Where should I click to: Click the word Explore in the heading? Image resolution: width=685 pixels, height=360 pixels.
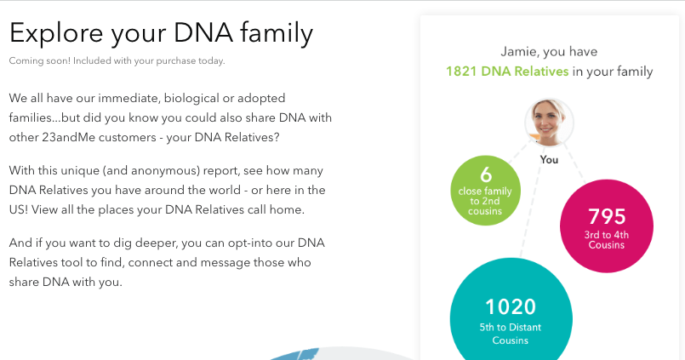pyautogui.click(x=54, y=33)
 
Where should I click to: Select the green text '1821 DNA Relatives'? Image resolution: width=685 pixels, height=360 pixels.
pyautogui.click(x=507, y=71)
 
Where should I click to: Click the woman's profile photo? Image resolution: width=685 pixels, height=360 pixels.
pyautogui.click(x=549, y=123)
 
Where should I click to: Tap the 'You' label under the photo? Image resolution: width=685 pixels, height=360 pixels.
pyautogui.click(x=549, y=159)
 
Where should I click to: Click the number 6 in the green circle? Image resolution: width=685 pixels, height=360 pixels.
pyautogui.click(x=486, y=174)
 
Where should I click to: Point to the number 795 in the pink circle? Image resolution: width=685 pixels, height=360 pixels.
pyautogui.click(x=606, y=217)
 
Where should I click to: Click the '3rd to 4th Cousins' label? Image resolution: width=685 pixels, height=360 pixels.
pyautogui.click(x=606, y=238)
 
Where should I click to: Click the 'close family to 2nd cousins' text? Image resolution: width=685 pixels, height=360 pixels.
pyautogui.click(x=486, y=201)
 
